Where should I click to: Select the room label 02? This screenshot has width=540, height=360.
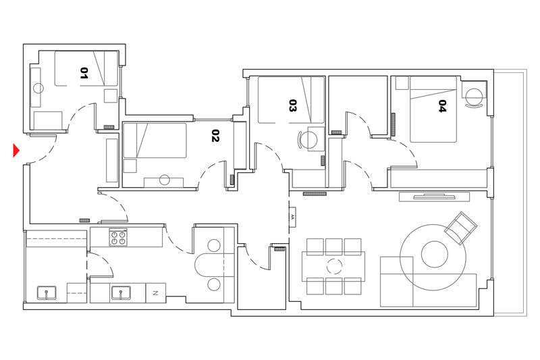(215, 136)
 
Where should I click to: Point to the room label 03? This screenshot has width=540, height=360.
(293, 106)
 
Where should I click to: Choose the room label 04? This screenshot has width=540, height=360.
(443, 106)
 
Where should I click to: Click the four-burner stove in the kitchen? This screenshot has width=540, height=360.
(119, 238)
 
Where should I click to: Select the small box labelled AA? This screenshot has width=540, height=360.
(293, 217)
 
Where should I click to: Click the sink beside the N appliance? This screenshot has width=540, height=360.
(120, 293)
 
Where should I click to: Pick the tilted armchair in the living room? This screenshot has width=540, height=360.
(461, 228)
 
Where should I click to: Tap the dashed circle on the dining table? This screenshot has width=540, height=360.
(335, 265)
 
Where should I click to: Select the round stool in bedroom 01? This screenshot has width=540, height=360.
(38, 88)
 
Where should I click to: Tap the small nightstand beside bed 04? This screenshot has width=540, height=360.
(402, 83)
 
